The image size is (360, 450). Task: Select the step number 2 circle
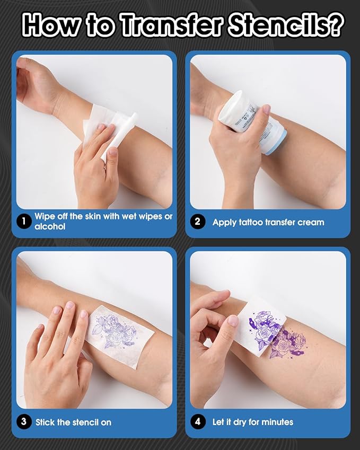pyautogui.click(x=198, y=222)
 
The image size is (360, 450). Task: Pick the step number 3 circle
pyautogui.click(x=23, y=422)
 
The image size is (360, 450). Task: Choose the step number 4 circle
pyautogui.click(x=198, y=422)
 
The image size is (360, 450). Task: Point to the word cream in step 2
pyautogui.click(x=310, y=222)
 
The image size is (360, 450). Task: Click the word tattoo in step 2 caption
pyautogui.click(x=252, y=222)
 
